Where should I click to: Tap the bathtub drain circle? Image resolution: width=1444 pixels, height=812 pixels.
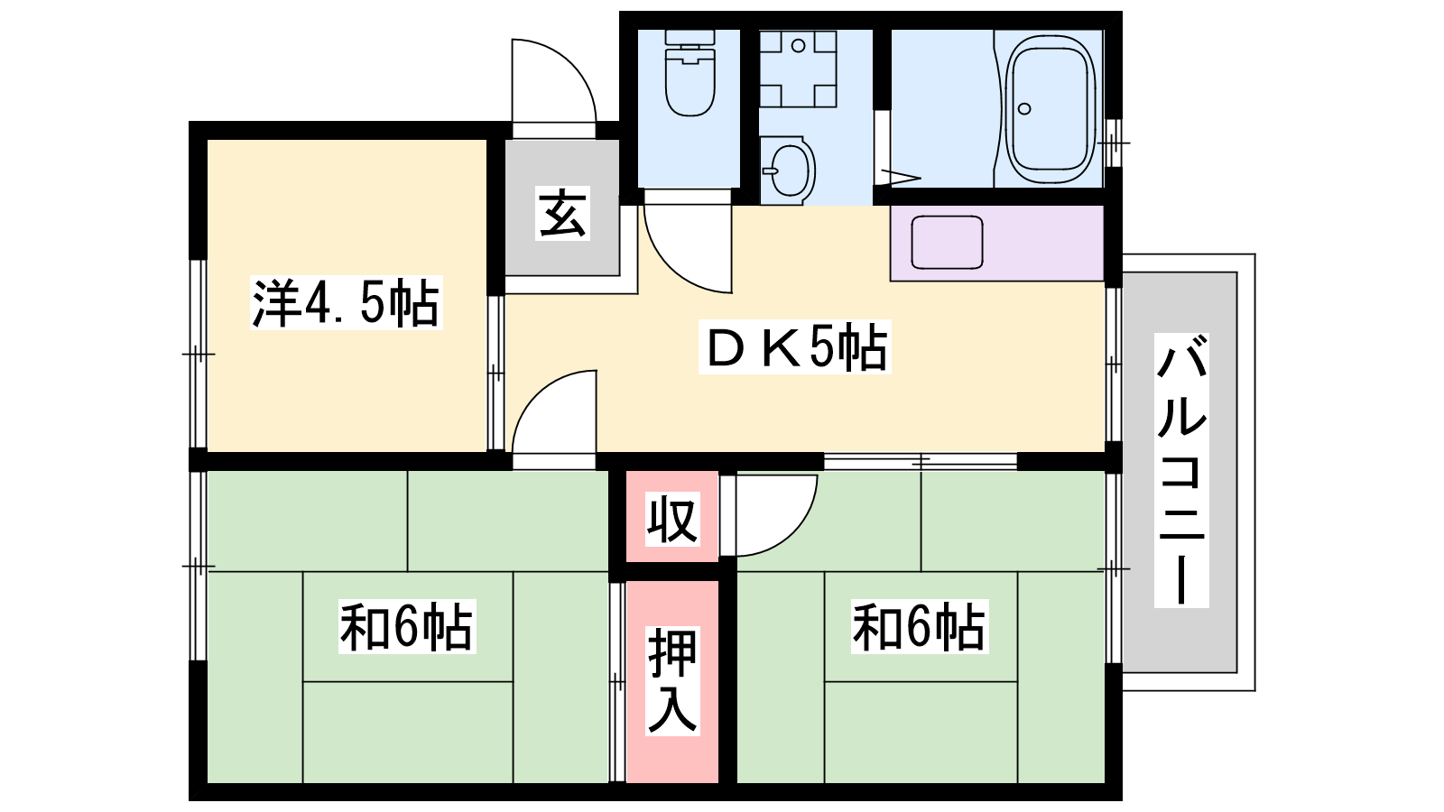1024,109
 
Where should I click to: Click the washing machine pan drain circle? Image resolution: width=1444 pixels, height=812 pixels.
798,46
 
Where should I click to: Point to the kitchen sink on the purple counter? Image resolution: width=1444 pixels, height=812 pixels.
947,243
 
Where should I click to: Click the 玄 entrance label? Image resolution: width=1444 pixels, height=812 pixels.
562,213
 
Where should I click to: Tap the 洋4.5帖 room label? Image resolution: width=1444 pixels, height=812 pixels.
347,303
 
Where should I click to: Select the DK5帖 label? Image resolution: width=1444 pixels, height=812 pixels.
795,346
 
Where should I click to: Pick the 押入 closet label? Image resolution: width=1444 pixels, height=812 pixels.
672,680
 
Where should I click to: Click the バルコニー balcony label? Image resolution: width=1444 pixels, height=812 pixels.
1181,470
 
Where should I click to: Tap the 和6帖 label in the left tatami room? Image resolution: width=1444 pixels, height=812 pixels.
407,626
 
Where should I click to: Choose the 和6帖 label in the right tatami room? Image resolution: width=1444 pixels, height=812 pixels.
920,626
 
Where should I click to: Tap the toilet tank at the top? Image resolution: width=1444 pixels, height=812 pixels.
690,37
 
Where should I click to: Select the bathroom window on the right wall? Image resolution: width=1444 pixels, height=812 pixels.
1114,143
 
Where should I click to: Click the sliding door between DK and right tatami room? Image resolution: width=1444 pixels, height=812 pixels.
921,461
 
